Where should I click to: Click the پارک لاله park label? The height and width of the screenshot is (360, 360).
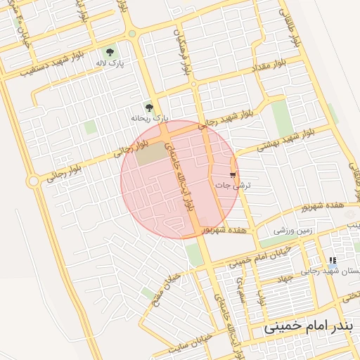pos(110,63)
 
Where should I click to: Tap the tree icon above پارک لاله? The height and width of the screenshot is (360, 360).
pos(110,51)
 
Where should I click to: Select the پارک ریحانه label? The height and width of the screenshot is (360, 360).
pos(147,118)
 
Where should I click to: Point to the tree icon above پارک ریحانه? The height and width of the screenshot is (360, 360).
pos(148,107)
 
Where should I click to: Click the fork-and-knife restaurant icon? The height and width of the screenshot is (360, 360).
pos(333,260)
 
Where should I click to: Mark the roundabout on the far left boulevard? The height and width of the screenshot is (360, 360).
pos(32,181)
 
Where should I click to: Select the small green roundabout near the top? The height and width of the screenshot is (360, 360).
pos(132,33)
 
